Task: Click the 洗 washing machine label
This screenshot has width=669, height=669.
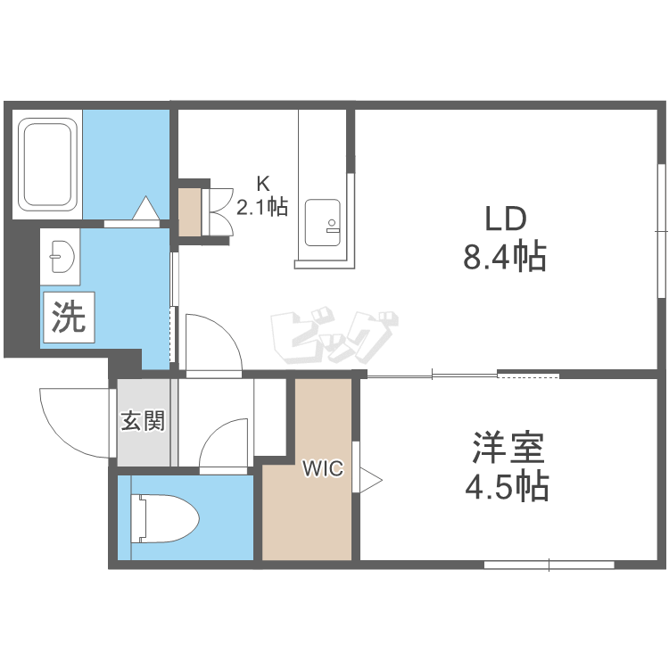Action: point(68,318)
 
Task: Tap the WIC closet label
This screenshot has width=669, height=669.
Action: point(322,469)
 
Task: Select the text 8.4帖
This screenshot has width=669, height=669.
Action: point(504,258)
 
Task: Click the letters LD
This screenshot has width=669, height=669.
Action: point(505,219)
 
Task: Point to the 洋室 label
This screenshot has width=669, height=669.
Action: point(507,446)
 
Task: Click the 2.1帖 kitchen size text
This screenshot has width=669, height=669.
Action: point(261,208)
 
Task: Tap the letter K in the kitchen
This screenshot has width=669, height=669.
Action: point(262,185)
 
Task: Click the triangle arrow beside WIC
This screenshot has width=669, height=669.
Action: point(369,481)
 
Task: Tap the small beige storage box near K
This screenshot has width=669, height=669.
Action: point(190,211)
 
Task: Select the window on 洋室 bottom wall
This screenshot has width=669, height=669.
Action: point(549,564)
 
